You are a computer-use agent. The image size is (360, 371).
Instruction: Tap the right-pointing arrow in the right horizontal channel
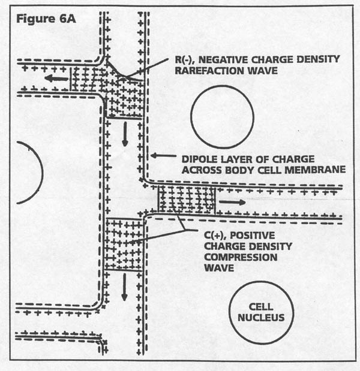232,203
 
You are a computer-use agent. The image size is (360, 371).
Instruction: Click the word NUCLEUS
260,317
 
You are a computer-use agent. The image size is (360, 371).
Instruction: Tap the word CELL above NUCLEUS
260,306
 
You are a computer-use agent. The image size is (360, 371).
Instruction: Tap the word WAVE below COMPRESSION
217,269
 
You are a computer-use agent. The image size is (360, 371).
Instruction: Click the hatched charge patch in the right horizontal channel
187,200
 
